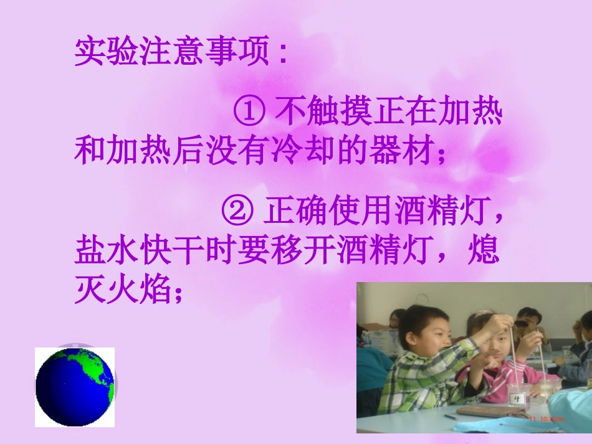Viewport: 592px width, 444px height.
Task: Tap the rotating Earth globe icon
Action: [75, 387]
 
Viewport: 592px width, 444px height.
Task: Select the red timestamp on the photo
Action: [547, 420]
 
